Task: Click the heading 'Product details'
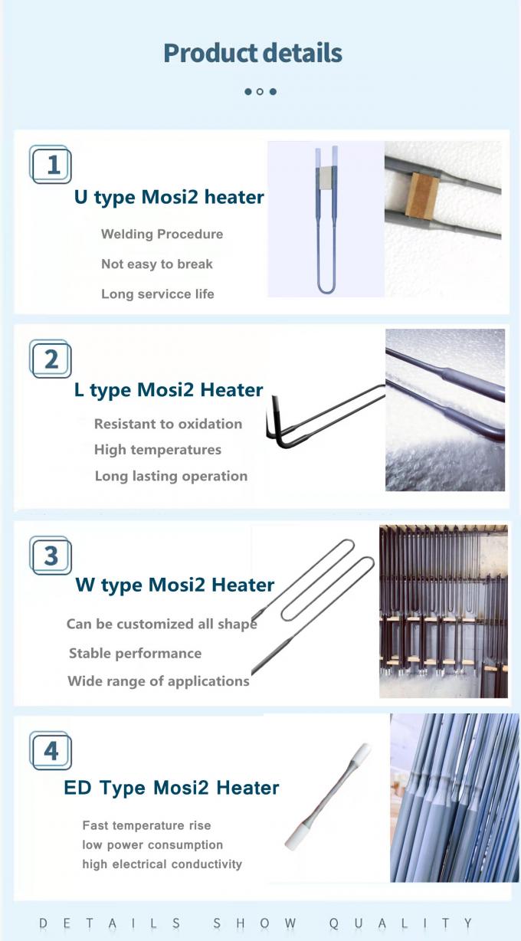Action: click(252, 53)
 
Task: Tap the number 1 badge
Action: click(51, 165)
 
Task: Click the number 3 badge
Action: click(51, 556)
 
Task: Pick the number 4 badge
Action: click(51, 750)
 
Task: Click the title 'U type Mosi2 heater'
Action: click(169, 197)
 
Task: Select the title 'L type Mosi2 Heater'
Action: click(168, 390)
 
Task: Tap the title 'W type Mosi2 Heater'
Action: click(175, 585)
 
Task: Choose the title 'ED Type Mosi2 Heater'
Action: click(171, 787)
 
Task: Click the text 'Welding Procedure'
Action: click(162, 234)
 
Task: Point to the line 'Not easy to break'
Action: click(156, 264)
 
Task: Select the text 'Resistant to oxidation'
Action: click(168, 424)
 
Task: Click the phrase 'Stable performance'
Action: click(135, 653)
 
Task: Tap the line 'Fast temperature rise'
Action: click(146, 825)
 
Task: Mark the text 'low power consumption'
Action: click(152, 844)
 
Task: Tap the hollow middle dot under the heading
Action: click(260, 91)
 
